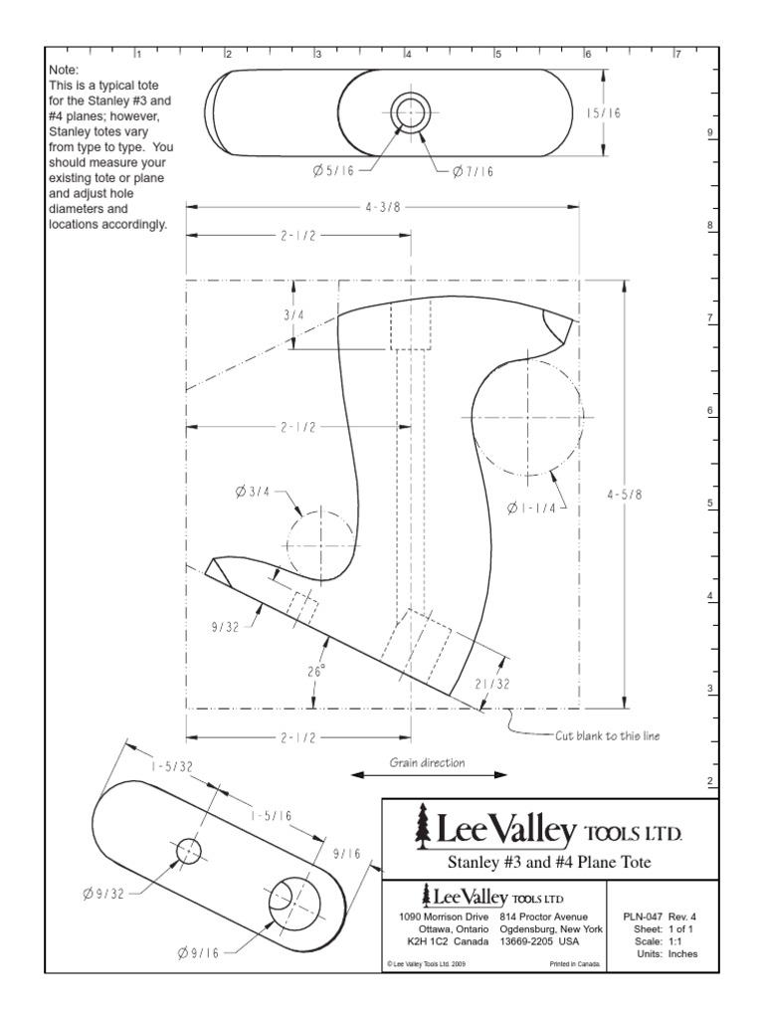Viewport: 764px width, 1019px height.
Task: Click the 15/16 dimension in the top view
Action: point(602,114)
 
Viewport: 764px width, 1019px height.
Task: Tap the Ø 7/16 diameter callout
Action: point(473,171)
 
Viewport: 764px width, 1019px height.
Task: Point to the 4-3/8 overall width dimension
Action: point(382,208)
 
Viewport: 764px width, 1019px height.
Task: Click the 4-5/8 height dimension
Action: point(625,494)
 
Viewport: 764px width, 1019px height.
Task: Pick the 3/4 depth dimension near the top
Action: point(294,314)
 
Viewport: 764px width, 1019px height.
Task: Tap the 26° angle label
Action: point(316,672)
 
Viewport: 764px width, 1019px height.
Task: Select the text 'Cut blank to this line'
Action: point(606,736)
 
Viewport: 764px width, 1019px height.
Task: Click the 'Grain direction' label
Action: point(427,763)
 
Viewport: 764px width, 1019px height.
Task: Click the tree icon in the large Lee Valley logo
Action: point(421,824)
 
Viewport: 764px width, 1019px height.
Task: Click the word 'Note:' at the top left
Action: point(65,72)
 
